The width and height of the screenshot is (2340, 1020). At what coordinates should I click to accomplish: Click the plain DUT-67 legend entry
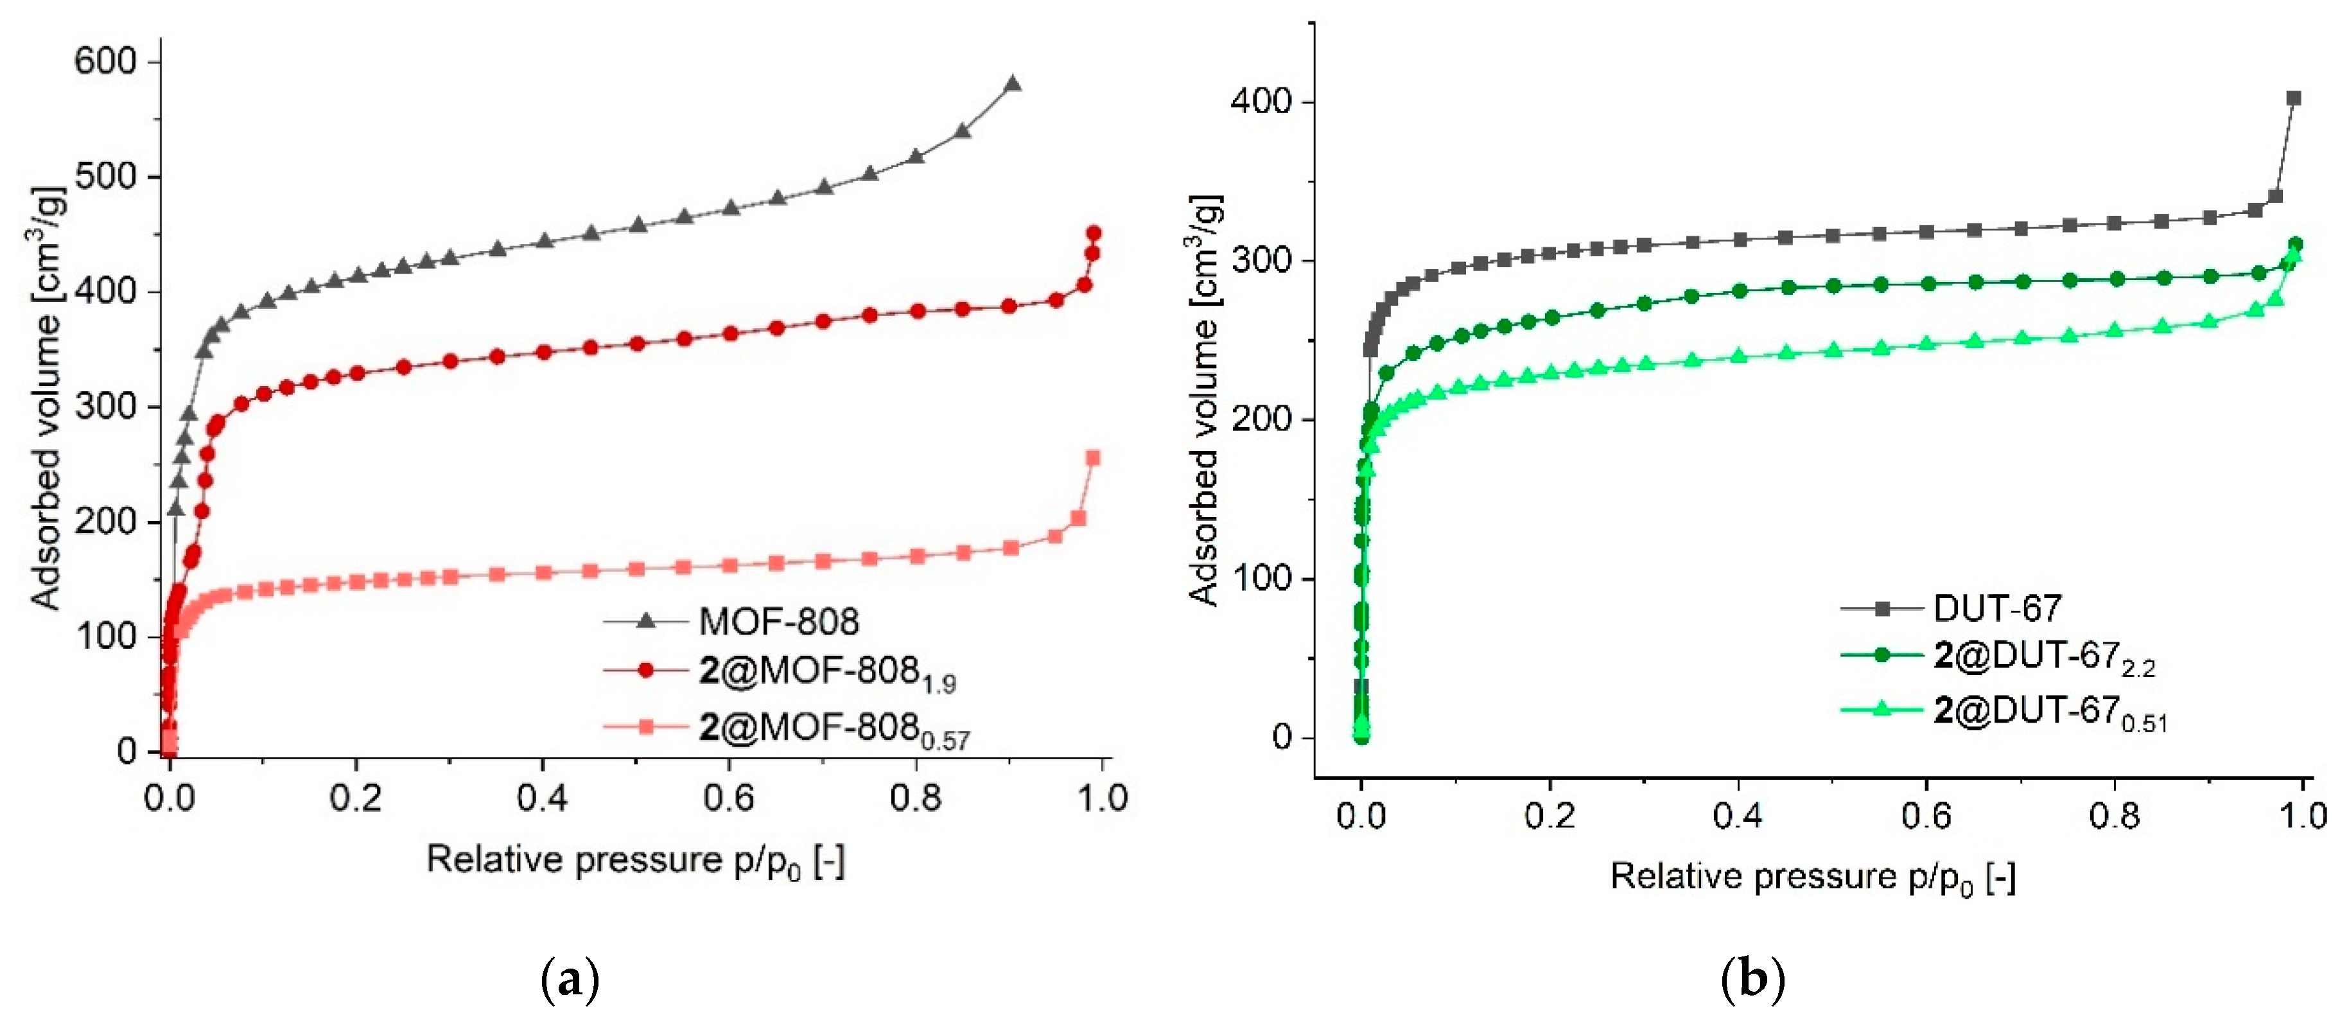1996,608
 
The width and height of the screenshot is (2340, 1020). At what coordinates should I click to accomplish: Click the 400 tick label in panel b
1260,101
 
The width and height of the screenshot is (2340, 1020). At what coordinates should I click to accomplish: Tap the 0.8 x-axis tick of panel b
2114,816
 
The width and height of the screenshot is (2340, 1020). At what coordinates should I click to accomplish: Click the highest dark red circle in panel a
1094,233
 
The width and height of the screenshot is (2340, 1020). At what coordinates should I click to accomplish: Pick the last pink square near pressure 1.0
1094,458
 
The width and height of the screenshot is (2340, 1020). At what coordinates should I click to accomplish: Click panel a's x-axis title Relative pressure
635,859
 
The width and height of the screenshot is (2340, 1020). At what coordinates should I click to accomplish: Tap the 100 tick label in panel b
1260,579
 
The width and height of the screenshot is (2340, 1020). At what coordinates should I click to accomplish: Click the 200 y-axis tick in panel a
105,522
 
